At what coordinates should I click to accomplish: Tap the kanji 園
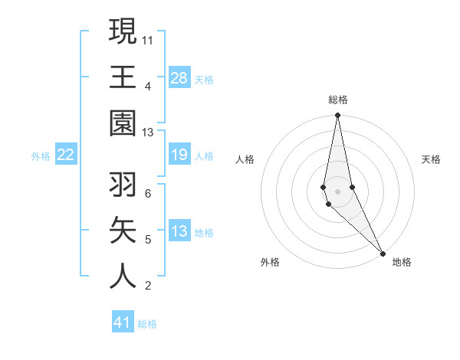pos(123,123)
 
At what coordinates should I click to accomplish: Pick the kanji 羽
pos(123,185)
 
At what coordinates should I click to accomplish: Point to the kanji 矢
pos(123,231)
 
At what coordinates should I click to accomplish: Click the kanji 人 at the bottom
pos(123,277)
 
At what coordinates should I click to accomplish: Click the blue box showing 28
pos(179,78)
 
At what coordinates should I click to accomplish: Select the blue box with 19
pos(179,155)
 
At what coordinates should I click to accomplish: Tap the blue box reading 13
pos(179,232)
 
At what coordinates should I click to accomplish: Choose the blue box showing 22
pos(65,155)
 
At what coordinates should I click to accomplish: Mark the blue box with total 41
pos(123,322)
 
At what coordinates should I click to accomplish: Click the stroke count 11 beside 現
pos(148,39)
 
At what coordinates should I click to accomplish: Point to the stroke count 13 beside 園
pos(148,133)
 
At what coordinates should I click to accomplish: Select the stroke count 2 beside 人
pos(148,286)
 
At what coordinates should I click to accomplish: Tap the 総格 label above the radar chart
pos(338,100)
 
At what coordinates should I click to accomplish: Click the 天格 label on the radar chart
pos(432,159)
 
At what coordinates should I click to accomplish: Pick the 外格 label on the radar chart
pos(269,262)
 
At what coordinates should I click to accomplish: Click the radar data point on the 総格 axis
pos(337,116)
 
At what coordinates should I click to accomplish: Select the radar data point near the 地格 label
pos(383,253)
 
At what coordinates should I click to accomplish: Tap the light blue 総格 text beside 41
pos(148,324)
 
